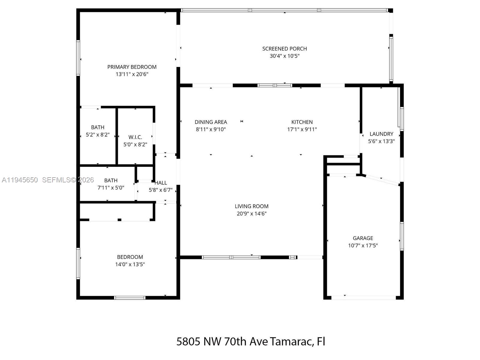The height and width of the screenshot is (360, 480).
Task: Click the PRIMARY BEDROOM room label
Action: click(x=132, y=67)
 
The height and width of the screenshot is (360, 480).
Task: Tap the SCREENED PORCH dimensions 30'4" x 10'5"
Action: click(x=284, y=56)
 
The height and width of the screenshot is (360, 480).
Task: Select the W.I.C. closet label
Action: click(x=135, y=137)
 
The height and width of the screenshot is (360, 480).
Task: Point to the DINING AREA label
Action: click(x=211, y=122)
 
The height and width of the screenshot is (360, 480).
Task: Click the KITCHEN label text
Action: click(x=302, y=122)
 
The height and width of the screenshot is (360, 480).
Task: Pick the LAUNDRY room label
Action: click(x=381, y=134)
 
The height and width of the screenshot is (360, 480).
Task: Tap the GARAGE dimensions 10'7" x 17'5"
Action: click(x=363, y=245)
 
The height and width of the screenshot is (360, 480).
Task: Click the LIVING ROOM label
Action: click(x=251, y=206)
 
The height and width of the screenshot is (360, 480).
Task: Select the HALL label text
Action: click(x=161, y=183)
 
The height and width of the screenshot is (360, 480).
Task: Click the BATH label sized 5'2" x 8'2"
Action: click(x=97, y=127)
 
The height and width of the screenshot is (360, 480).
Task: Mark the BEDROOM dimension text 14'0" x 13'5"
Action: click(x=130, y=264)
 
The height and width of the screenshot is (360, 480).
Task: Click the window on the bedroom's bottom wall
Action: click(x=130, y=298)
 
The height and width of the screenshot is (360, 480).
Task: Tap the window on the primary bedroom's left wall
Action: click(x=78, y=58)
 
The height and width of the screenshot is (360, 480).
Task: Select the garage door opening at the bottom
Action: click(x=363, y=298)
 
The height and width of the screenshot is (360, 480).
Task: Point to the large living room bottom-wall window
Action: click(x=231, y=257)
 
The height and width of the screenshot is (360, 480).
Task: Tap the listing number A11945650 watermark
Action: click(x=20, y=180)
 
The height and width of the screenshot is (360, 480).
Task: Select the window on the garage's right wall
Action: click(x=402, y=236)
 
